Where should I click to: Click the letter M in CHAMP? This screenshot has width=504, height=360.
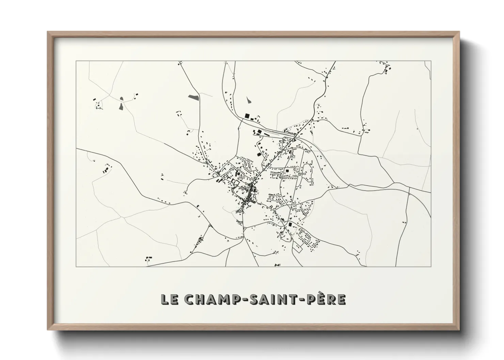pyautogui.click(x=216, y=299)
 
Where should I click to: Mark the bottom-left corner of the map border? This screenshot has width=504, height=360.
pyautogui.click(x=76, y=266)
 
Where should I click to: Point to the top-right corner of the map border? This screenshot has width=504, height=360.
pyautogui.click(x=431, y=61)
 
